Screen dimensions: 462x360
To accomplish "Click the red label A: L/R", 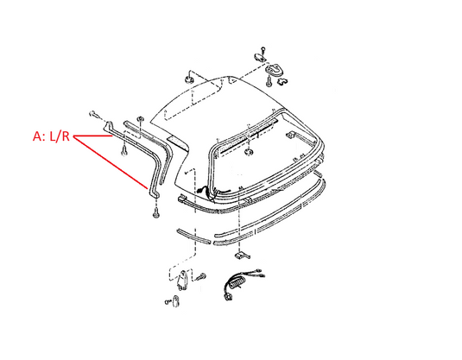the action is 51,136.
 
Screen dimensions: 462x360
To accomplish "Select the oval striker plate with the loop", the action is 274,71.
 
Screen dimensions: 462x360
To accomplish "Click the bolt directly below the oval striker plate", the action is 269,82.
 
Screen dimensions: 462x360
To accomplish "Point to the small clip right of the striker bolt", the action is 282,81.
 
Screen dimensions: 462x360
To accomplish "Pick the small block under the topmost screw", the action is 259,57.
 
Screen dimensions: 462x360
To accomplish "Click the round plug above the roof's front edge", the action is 188,79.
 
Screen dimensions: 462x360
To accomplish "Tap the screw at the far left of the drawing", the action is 93,114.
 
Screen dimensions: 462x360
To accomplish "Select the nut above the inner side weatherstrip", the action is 141,119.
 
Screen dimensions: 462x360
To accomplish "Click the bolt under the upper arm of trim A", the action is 123,151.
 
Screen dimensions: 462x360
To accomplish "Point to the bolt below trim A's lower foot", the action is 155,212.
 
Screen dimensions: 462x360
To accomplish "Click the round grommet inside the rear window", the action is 250,152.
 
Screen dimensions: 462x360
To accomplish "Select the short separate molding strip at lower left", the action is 193,236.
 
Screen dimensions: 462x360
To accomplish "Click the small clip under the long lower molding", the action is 242,256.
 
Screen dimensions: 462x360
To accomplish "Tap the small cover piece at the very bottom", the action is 176,301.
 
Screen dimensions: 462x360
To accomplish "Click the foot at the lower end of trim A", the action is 154,193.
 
